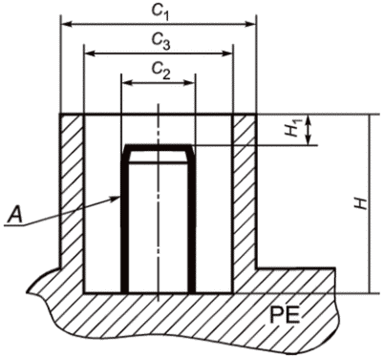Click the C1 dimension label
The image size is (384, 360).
160,11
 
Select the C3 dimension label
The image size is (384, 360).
160,41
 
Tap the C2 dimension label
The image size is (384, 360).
160,71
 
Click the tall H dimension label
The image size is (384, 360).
361,203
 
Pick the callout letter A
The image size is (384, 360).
15,214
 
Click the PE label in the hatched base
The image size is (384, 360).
285,315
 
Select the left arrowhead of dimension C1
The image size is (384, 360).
66,24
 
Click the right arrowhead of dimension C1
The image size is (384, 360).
250,24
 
